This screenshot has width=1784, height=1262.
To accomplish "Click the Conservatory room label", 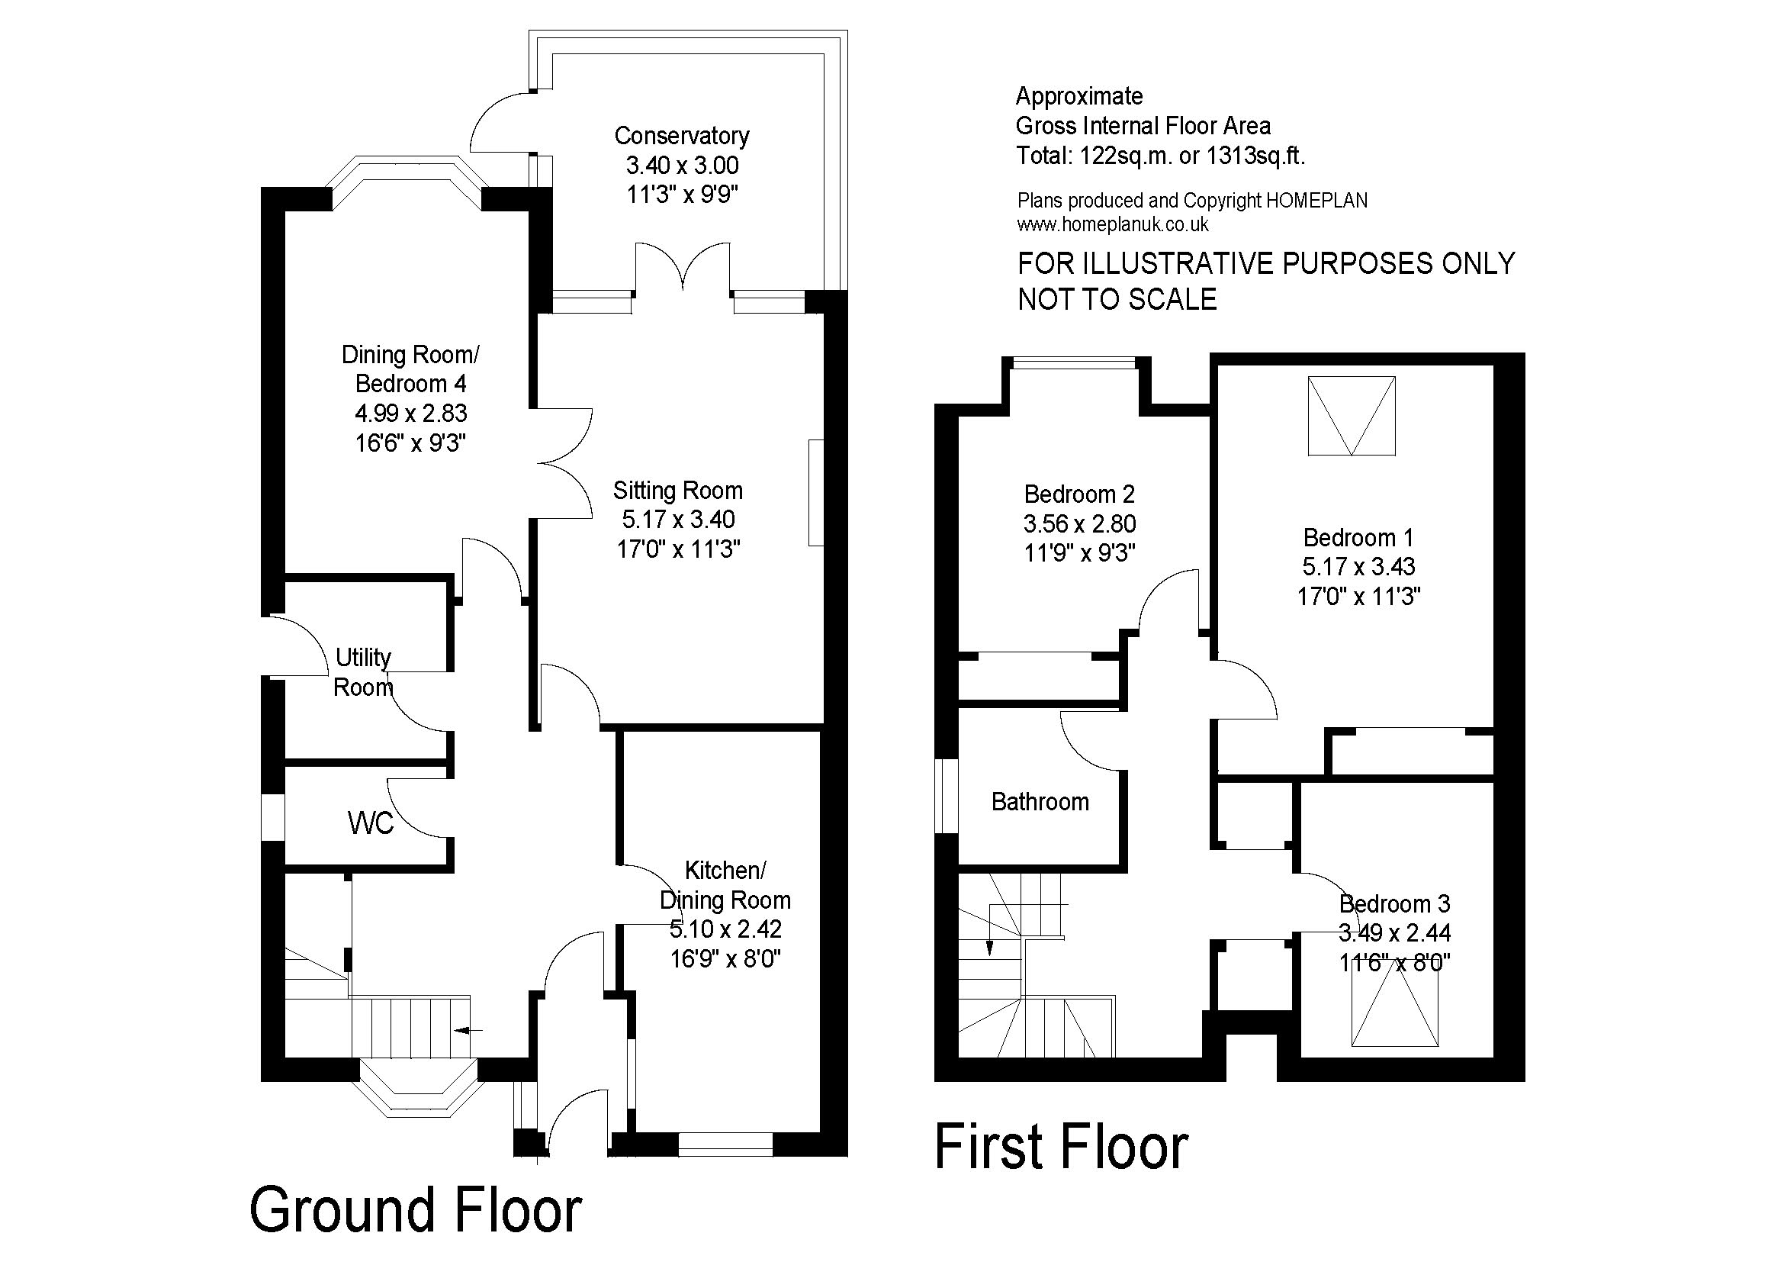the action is tap(681, 136).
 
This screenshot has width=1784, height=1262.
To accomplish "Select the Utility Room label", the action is tap(363, 672).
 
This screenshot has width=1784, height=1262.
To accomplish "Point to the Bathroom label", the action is tap(1040, 802).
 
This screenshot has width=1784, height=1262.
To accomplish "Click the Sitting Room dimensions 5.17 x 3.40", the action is tap(678, 520).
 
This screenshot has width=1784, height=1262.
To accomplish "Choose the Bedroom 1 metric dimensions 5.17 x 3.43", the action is tap(1359, 566).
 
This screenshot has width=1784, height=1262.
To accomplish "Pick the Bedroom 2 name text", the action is tap(1079, 494).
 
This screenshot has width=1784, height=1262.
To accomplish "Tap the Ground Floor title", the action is tap(416, 1210).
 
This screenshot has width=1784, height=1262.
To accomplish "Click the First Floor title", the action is tap(1062, 1146).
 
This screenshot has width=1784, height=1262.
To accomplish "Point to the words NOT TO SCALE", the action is tap(1117, 299).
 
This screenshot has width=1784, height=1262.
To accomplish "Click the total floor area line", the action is tap(1161, 156).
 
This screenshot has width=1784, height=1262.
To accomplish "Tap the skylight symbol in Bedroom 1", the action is tap(1352, 416).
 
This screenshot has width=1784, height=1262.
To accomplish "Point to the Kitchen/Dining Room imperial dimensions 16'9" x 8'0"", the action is tap(725, 959).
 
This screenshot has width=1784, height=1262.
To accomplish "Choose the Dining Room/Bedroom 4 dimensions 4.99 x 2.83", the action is tap(411, 414).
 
